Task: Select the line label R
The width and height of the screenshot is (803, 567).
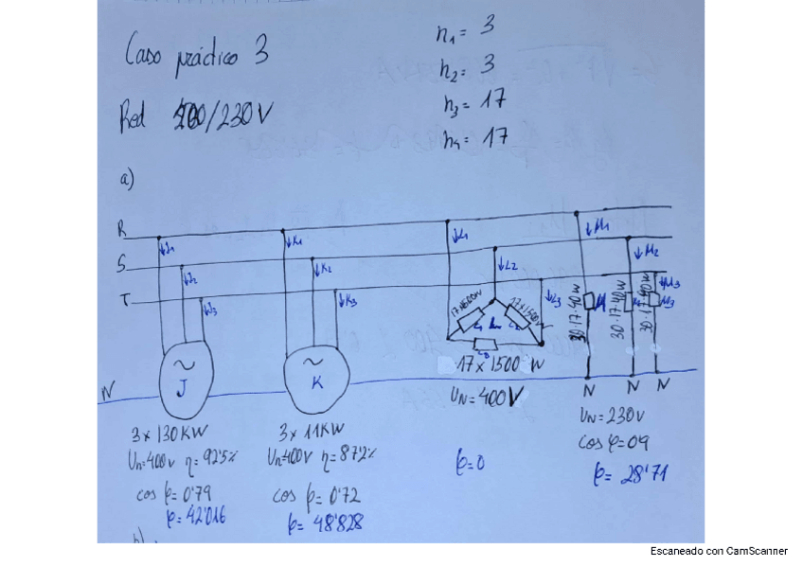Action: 121,229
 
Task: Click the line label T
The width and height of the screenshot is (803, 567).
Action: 124,300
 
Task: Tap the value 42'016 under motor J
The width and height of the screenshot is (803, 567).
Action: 196,516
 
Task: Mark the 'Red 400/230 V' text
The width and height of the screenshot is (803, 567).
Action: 195,117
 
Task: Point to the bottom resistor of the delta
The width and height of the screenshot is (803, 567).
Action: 486,344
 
